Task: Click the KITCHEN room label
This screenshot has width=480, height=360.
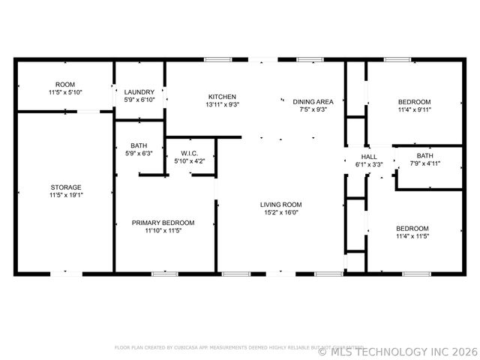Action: (222, 97)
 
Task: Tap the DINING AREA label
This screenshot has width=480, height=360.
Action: (313, 101)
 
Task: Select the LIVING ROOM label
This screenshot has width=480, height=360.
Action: (280, 204)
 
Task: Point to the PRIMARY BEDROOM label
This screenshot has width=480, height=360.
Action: (163, 223)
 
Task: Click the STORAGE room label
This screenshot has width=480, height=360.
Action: (66, 187)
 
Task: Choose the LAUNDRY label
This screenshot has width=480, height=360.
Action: (139, 91)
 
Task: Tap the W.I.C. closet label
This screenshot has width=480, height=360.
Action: (188, 153)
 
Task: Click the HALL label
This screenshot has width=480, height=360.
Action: (369, 157)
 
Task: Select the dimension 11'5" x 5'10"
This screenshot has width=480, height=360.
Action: (66, 91)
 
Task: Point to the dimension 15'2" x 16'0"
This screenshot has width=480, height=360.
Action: (280, 212)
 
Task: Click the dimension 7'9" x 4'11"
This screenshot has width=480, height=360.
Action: (424, 163)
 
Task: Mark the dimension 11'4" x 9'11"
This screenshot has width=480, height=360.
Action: (413, 109)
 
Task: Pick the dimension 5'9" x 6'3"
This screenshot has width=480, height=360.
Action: (139, 154)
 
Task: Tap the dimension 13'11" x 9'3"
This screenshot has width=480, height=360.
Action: (222, 105)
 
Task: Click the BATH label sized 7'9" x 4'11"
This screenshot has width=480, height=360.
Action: (425, 156)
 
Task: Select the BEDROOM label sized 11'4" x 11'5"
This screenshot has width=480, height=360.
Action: (412, 228)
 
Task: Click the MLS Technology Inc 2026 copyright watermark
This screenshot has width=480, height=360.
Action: (397, 351)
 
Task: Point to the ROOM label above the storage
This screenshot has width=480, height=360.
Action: (65, 84)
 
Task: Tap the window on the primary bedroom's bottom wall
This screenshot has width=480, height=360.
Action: (164, 274)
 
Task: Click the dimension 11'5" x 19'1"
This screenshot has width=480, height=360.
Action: (66, 195)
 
